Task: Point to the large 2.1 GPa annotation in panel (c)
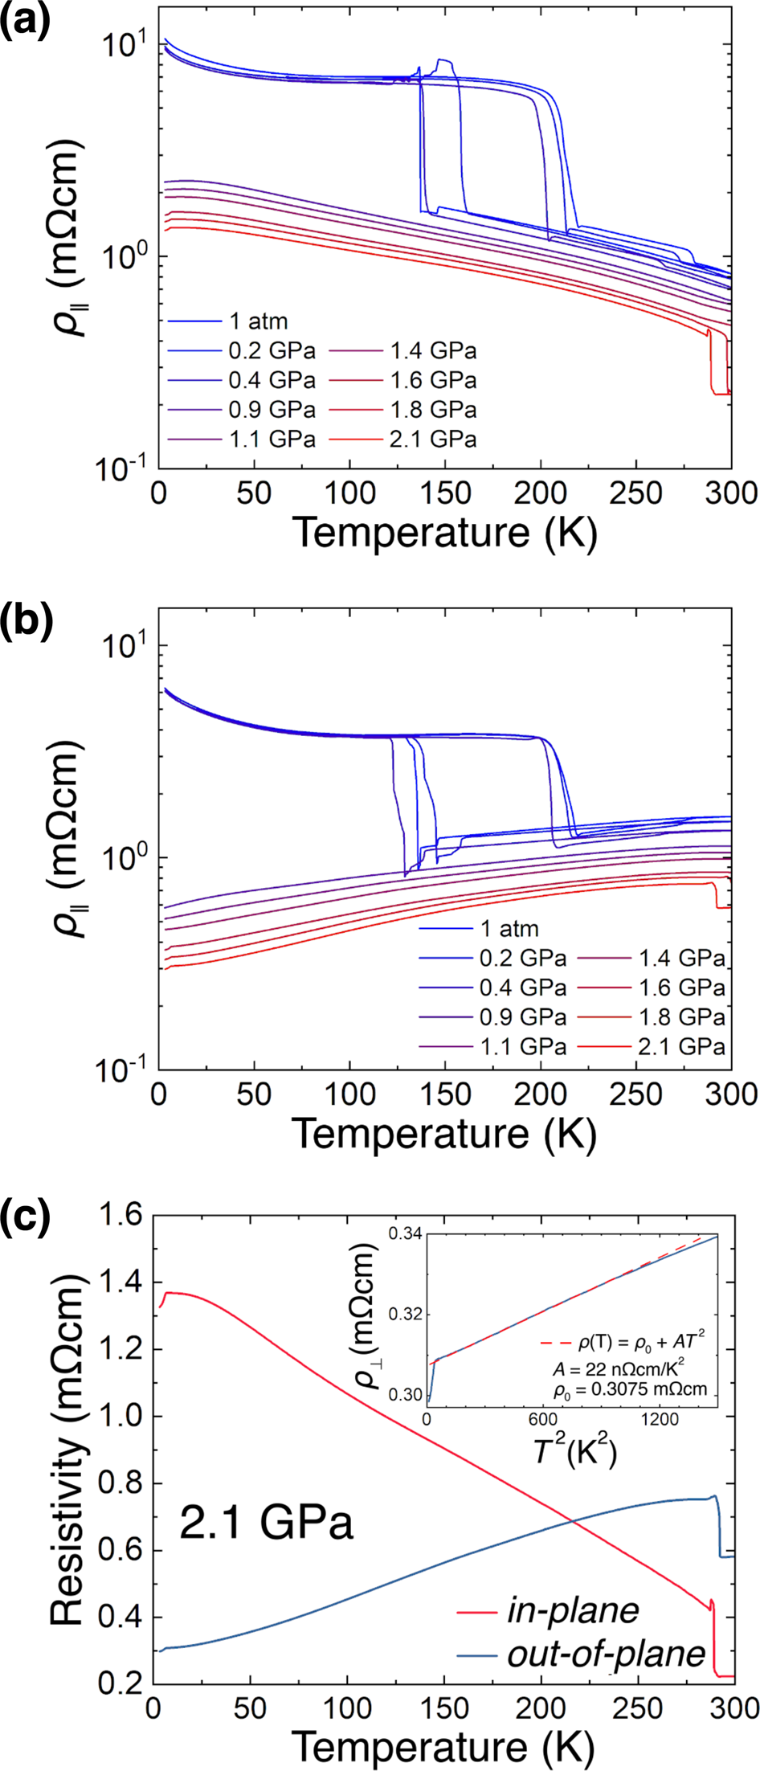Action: coord(266,1521)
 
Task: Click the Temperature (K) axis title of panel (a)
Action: coord(444,533)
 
